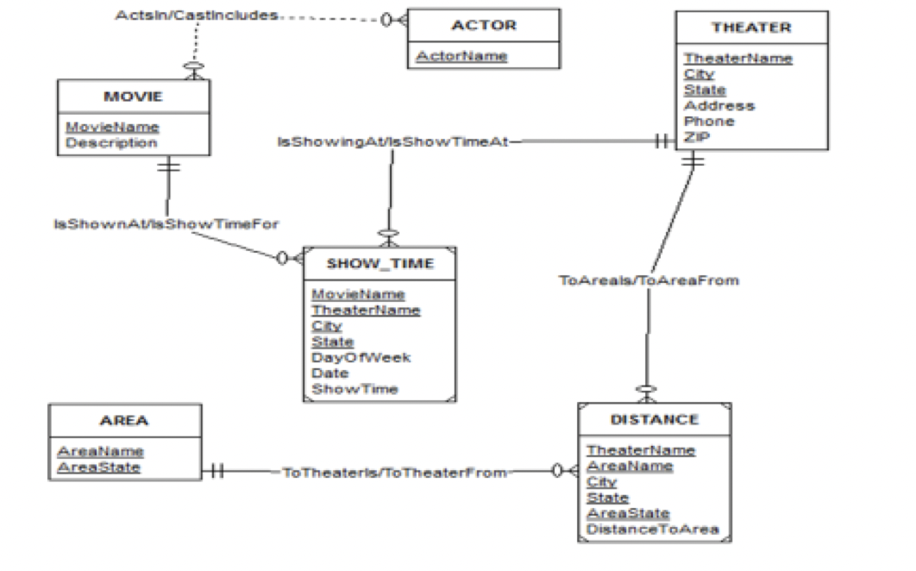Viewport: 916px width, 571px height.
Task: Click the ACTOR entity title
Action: click(483, 26)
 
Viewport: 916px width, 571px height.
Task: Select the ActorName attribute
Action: click(461, 56)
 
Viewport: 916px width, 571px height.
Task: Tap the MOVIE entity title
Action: click(133, 96)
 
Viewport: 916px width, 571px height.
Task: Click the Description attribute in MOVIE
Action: click(111, 143)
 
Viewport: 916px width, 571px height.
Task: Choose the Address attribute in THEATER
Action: click(719, 106)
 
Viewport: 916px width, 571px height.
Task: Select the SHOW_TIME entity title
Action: click(380, 263)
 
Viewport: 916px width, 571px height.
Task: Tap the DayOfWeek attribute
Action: click(361, 357)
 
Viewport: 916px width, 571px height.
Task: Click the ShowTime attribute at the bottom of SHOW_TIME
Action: click(354, 389)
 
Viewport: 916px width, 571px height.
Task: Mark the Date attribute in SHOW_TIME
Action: click(329, 373)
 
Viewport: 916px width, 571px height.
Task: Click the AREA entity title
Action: click(124, 420)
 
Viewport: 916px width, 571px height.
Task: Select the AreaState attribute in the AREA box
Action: click(98, 467)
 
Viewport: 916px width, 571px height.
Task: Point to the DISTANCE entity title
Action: click(654, 419)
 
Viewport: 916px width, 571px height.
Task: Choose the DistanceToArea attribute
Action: click(652, 529)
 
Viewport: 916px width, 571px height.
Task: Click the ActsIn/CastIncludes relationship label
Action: click(197, 16)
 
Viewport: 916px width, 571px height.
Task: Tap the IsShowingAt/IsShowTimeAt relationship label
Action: click(392, 141)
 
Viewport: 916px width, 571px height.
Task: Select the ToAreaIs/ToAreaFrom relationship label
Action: click(649, 280)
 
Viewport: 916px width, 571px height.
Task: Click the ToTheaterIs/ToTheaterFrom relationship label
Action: click(394, 472)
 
